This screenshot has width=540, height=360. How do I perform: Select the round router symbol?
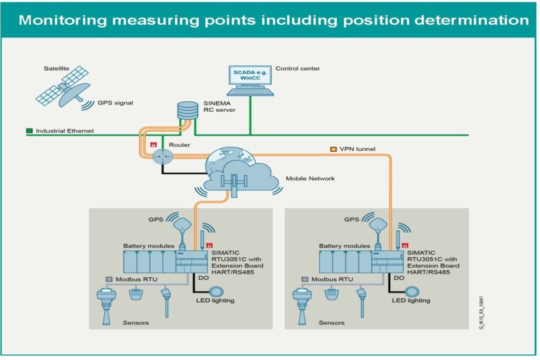(x=163, y=156)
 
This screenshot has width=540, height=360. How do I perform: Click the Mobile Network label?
(x=310, y=179)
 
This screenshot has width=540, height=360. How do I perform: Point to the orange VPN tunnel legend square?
(x=333, y=149)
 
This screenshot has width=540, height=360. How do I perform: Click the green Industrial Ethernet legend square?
(x=30, y=130)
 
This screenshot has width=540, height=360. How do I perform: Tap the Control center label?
(x=297, y=69)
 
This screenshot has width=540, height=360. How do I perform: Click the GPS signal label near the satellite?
(x=116, y=103)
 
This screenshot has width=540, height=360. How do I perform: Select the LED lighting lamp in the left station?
(x=216, y=291)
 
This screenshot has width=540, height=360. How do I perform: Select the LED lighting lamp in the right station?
(x=412, y=291)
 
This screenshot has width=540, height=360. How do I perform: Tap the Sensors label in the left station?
(x=136, y=323)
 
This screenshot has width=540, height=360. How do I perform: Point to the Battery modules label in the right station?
(x=345, y=246)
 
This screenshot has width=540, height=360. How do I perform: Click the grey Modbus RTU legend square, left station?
(x=109, y=279)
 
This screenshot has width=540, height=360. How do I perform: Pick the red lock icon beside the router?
(x=153, y=144)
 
